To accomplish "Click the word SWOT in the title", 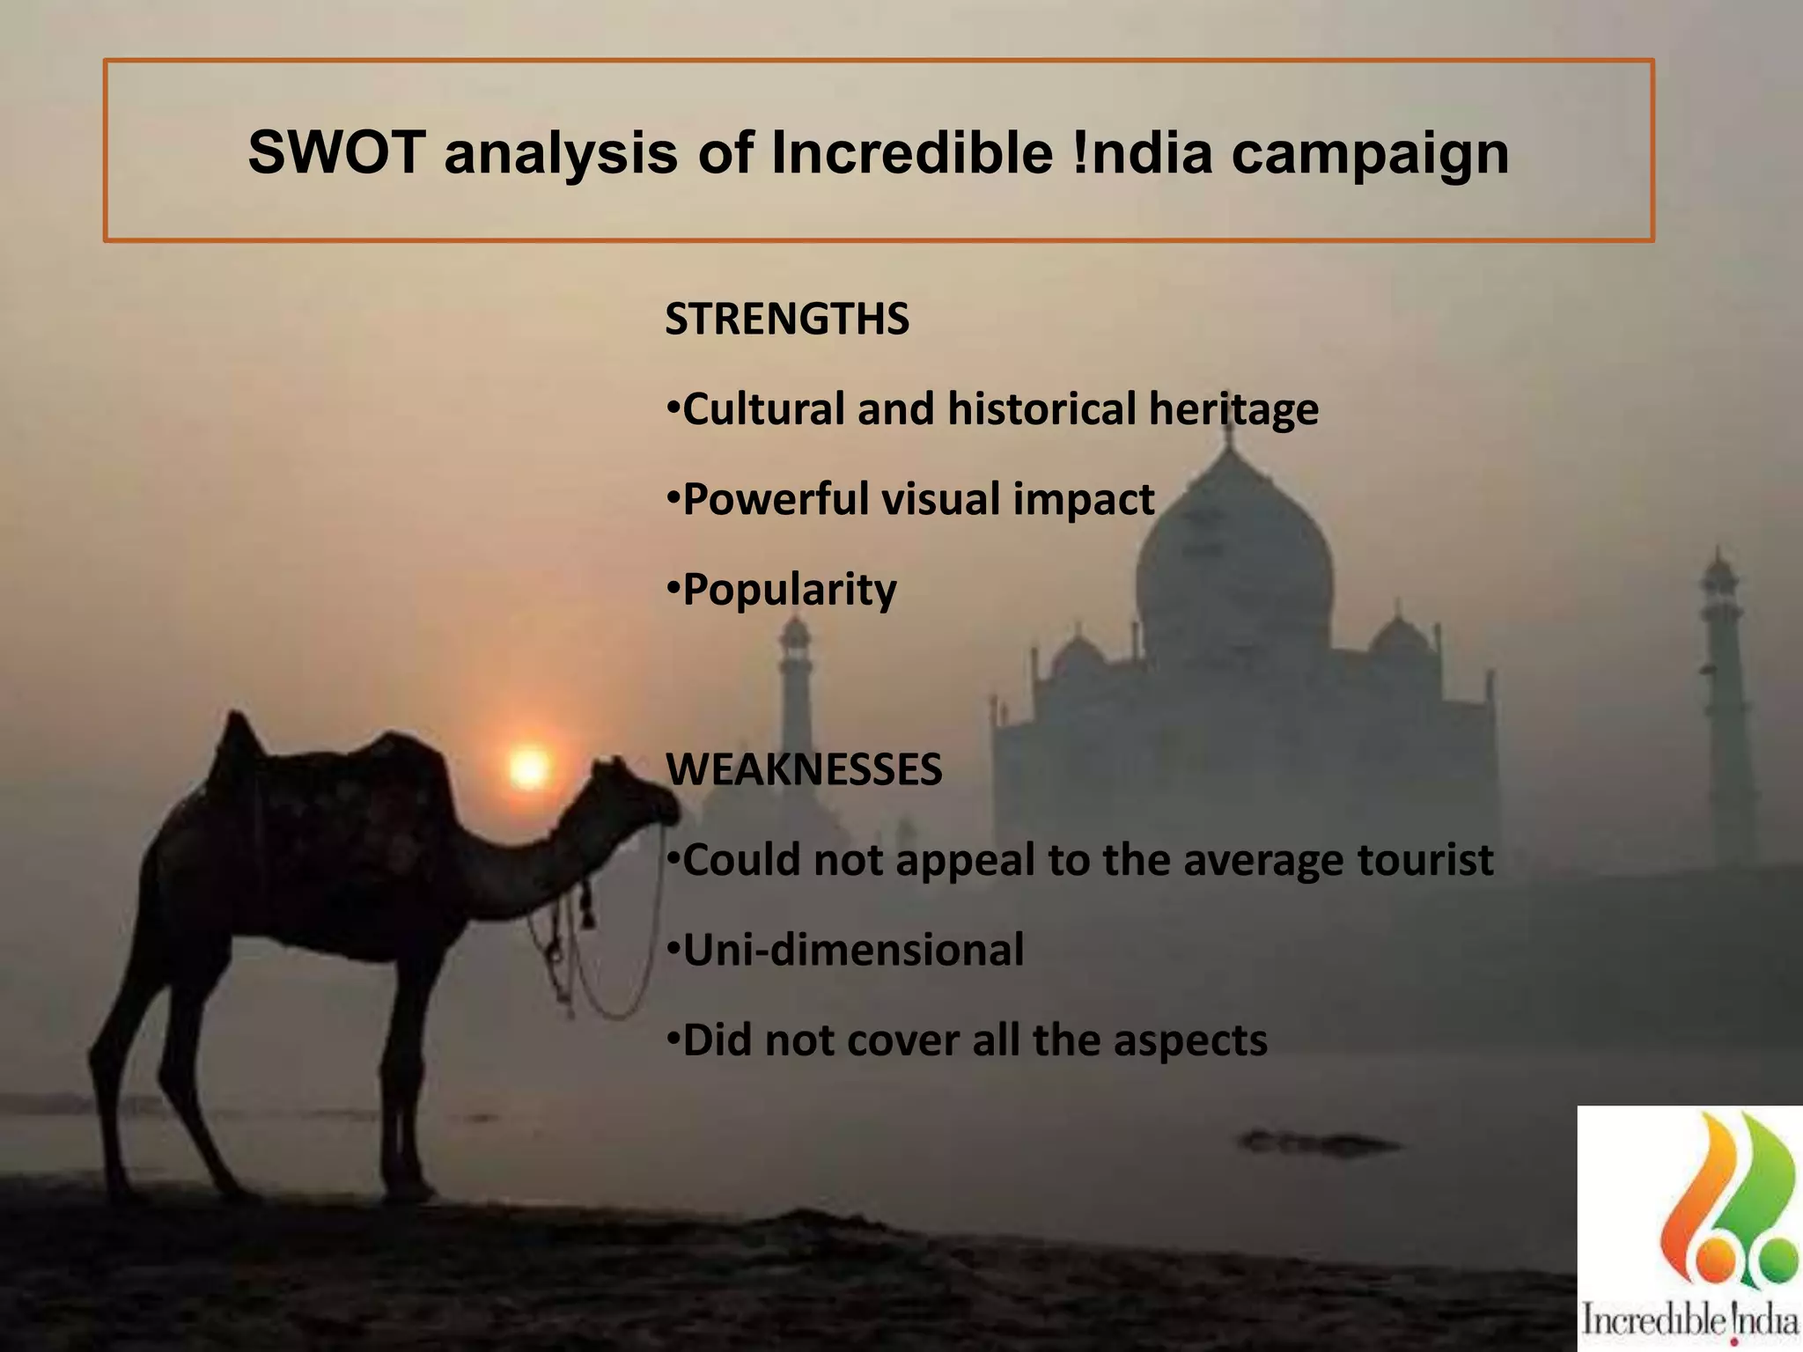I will point(337,152).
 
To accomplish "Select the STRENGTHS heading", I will point(787,319).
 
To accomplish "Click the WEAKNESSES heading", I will point(804,769).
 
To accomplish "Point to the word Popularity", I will point(790,590).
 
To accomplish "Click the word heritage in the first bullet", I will point(1233,410).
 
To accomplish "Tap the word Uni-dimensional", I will point(853,950).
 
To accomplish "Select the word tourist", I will point(1425,860).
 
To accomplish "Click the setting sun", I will point(529,768).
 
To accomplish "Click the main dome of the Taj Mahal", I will point(1233,563).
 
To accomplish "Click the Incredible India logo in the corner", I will point(1689,1229).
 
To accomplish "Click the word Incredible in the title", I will point(912,152).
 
